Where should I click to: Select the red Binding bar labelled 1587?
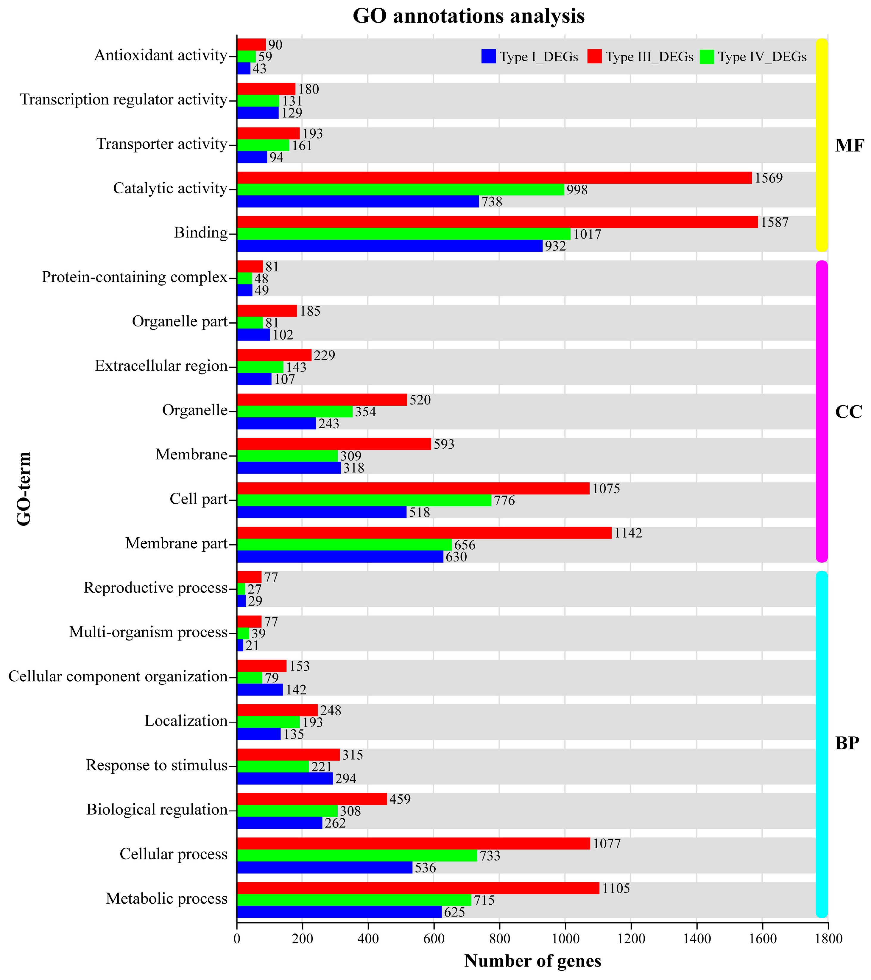(x=497, y=222)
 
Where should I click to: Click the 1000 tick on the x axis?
(x=565, y=938)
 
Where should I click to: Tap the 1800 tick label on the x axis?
(x=828, y=938)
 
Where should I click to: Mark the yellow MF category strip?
(x=822, y=145)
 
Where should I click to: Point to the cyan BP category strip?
(x=822, y=743)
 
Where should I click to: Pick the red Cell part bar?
(x=413, y=488)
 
